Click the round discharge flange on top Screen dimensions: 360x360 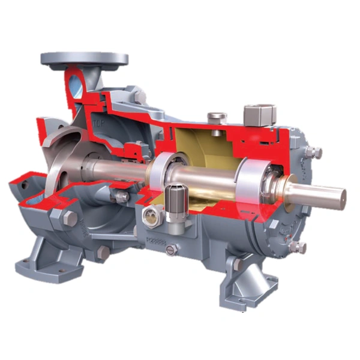click(84, 59)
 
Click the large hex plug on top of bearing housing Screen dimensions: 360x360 click(259, 112)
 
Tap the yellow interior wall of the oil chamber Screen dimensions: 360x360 click(198, 144)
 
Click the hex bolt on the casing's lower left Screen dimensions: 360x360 click(70, 219)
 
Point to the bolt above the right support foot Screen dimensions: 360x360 click(238, 263)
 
